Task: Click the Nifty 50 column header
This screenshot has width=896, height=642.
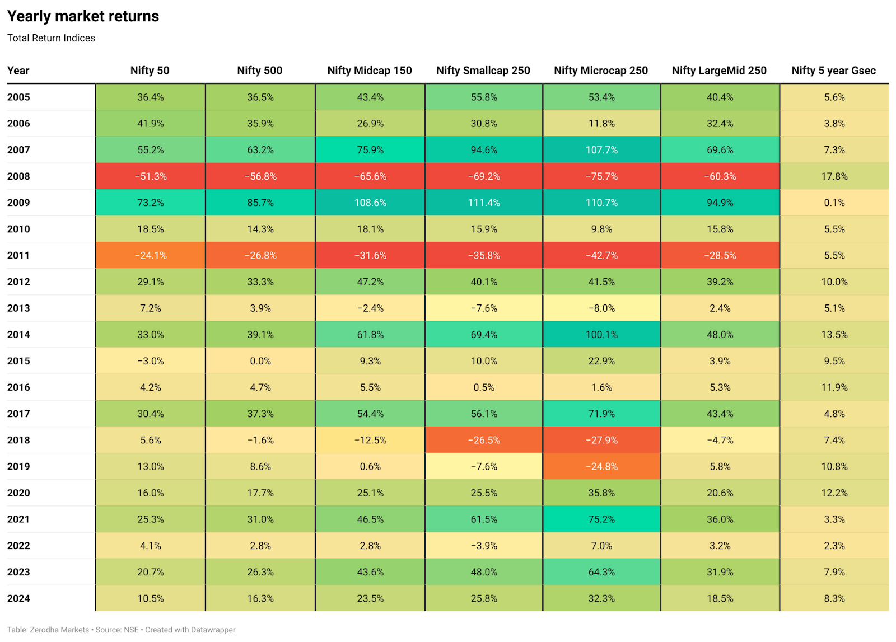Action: (150, 71)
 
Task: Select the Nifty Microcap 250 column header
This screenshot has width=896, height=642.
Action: (601, 71)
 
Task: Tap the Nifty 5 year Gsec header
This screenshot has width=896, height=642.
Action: (833, 71)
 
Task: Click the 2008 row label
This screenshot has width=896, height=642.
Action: (18, 176)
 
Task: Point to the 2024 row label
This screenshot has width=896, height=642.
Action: (18, 598)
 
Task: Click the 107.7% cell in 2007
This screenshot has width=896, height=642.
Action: (601, 150)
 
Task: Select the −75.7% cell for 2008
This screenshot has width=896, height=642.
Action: (601, 176)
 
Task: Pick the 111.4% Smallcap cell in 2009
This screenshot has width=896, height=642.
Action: (484, 203)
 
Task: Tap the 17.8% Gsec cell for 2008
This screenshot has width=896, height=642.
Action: (834, 176)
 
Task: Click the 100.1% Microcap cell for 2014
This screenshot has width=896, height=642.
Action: (601, 335)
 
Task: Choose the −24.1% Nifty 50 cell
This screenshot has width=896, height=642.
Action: (151, 255)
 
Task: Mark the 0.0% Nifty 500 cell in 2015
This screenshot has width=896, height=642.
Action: (260, 361)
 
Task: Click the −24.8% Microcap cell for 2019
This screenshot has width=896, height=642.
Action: (601, 466)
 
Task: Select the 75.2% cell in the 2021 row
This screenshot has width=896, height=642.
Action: (601, 519)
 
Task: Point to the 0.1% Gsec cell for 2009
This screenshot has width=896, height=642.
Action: (834, 203)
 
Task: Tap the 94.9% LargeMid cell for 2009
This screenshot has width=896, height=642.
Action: (720, 203)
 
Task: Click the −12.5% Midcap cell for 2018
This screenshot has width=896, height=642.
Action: (370, 440)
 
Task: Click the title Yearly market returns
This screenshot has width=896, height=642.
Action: (83, 16)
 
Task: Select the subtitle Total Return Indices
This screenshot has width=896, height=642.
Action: (51, 38)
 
